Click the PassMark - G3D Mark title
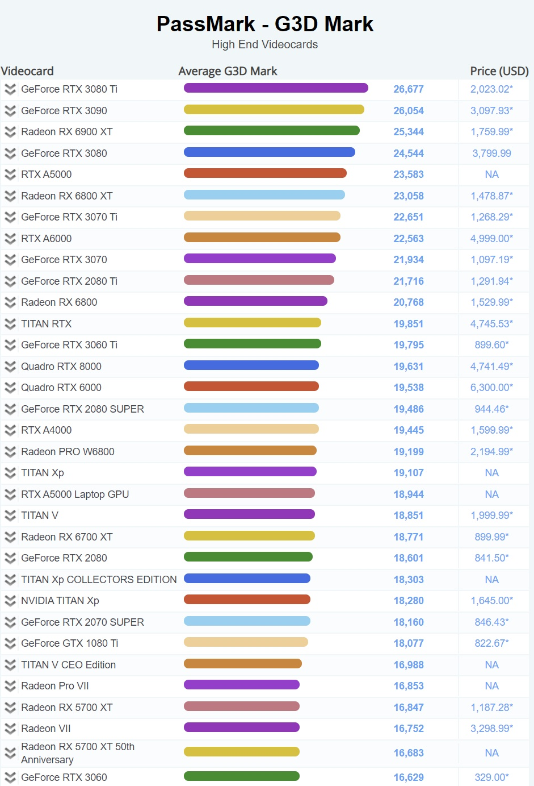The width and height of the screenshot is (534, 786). coord(265,24)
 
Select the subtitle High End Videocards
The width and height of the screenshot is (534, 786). coord(264,44)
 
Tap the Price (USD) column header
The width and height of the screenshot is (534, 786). coord(499,71)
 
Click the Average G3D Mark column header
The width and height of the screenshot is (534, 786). coord(228,71)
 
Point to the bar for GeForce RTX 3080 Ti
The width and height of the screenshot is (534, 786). coord(276,88)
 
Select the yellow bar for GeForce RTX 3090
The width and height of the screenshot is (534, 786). coord(274,110)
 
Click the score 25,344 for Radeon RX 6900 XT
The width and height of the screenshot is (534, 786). coord(409,132)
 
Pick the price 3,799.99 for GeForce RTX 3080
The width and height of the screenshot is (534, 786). coord(491,153)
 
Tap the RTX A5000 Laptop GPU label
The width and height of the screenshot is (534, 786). coord(75,494)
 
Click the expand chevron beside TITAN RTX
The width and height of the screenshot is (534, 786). coord(10,324)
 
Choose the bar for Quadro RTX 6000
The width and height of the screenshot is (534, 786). coord(251,386)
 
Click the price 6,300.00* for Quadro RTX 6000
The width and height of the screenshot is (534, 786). coord(491,388)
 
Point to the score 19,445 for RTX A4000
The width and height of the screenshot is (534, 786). coord(409,430)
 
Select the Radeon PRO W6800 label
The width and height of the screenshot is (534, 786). coord(68,452)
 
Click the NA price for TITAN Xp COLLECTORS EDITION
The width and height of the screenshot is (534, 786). coord(491,580)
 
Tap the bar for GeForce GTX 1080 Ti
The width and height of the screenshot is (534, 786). coord(246,642)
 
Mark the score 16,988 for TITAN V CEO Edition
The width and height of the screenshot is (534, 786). coord(409,665)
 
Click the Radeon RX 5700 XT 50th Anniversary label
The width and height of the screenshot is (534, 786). coord(78,753)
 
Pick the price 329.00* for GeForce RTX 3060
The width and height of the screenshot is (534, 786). coord(491,777)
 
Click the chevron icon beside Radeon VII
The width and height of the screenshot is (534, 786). coord(10,729)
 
